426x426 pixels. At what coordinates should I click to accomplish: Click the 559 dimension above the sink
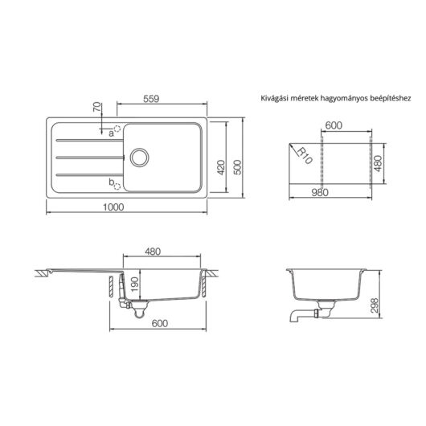coord(151,99)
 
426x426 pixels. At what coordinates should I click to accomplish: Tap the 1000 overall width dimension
coord(113,207)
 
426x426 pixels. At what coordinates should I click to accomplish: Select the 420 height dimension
coord(221,167)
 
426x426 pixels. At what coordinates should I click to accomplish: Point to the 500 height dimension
coord(237,167)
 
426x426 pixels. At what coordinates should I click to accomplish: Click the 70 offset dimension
coord(97,107)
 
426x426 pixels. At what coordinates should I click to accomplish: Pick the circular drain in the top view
coord(139,158)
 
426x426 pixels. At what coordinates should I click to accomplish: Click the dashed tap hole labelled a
coord(117,129)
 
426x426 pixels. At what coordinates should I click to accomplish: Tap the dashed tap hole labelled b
coord(117,186)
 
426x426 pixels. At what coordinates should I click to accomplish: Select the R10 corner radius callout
coord(305,156)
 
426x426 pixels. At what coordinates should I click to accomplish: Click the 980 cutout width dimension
coord(320,192)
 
